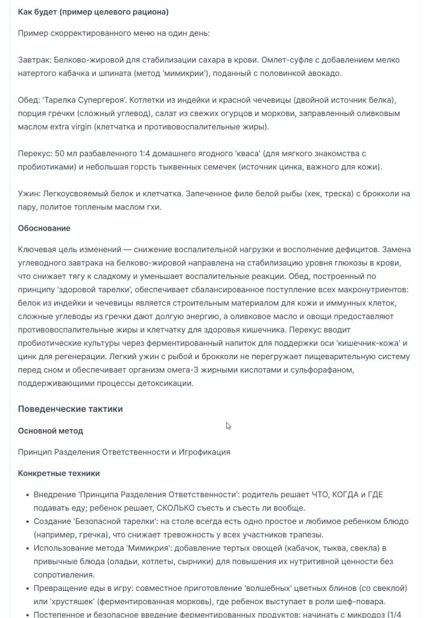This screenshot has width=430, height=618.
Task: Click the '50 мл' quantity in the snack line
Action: coord(74,154)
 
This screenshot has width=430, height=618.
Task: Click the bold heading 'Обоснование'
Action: coord(44,228)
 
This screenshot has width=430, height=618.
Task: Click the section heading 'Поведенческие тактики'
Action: coord(71,409)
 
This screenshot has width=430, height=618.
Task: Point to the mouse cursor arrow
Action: coord(228,425)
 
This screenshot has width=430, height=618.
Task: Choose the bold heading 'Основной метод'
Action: coord(51,431)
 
